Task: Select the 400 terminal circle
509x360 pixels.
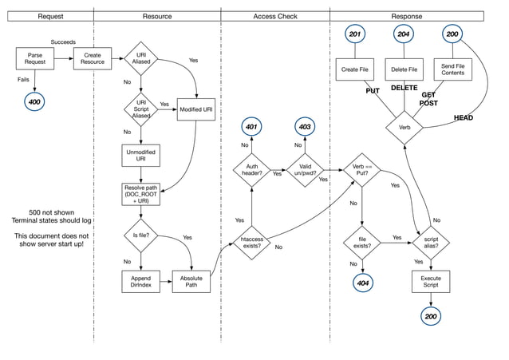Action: (x=34, y=102)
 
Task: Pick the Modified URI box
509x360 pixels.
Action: (x=195, y=108)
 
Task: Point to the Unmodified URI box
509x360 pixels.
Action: (x=141, y=154)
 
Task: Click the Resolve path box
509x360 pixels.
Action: (x=141, y=195)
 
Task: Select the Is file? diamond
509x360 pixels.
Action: (x=141, y=235)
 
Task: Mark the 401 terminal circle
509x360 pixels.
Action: (x=252, y=127)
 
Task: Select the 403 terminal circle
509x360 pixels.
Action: (x=306, y=127)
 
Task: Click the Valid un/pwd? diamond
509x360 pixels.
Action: (x=306, y=170)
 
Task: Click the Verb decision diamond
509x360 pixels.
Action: (x=404, y=127)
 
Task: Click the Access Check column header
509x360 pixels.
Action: (x=275, y=16)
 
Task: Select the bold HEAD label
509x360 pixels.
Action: (x=464, y=118)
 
